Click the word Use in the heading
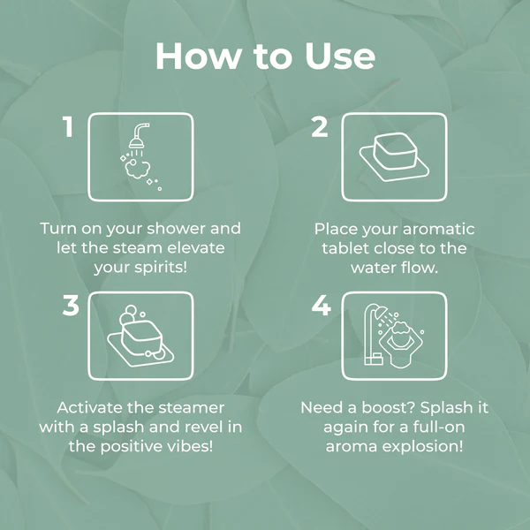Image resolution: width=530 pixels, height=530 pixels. pos(340,57)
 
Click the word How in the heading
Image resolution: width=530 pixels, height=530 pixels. pos(199,57)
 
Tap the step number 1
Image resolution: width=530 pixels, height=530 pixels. pos(68,126)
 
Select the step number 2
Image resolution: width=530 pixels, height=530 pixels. pos(320,126)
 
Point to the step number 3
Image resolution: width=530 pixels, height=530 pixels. pos(71,306)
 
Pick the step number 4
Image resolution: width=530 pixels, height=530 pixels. pos(322,306)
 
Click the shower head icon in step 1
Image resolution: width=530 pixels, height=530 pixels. pos(139,135)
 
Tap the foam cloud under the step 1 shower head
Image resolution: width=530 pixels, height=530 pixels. pos(137,169)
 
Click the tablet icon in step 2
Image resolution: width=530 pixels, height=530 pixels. pos(394,156)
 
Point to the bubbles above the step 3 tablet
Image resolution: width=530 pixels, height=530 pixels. pos(130,314)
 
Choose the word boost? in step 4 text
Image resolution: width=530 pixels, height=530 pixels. pos(388,407)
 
